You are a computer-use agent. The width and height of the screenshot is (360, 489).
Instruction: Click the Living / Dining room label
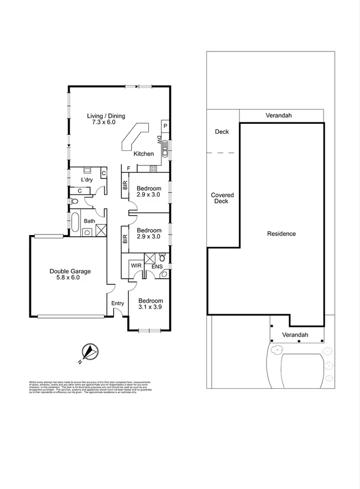[106, 119]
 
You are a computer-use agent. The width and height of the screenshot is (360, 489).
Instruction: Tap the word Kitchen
[144, 154]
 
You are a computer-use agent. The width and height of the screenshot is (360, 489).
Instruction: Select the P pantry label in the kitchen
[165, 126]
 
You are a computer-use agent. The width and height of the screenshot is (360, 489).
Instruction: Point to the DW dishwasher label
[159, 139]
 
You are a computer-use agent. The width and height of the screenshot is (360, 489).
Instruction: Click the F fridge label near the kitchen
[128, 168]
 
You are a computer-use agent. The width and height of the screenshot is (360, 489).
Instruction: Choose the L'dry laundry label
[87, 180]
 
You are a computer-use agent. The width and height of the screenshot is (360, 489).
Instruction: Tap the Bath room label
[89, 221]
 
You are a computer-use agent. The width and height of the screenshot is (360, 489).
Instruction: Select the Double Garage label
[70, 274]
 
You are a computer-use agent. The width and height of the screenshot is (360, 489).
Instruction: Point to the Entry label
[117, 303]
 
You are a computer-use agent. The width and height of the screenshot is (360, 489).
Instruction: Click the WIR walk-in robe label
[136, 266]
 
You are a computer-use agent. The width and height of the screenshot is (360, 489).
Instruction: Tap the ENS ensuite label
[157, 267]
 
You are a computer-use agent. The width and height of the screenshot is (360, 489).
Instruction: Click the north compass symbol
[89, 351]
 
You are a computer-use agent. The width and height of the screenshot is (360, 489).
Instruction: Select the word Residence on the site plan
[281, 233]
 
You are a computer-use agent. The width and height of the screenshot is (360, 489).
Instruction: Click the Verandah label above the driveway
[295, 335]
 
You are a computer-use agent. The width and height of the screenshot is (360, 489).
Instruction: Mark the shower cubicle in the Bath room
[101, 231]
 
